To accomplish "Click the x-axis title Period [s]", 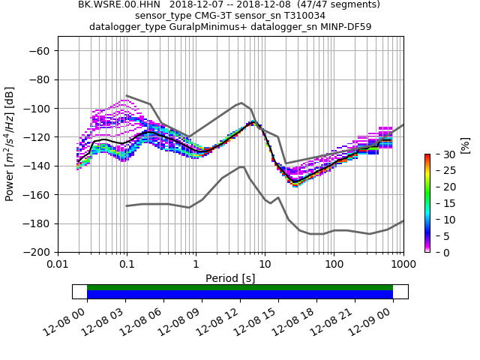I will (x=230, y=278).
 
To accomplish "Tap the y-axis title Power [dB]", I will (x=10, y=144).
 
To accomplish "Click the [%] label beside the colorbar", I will (x=465, y=145).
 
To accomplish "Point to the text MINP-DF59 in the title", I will (x=346, y=27).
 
